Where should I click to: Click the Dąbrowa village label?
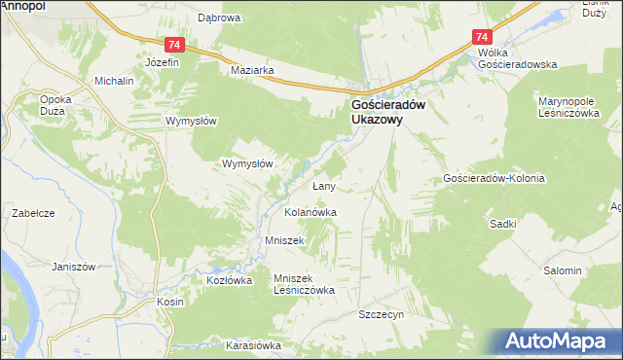point(219,18)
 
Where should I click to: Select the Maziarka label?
point(252,71)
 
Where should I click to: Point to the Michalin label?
point(114,81)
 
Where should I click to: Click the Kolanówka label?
point(311,211)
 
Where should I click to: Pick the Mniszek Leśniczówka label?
point(305,283)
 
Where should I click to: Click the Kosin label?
point(170,303)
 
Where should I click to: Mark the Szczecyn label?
point(381,315)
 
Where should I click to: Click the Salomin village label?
point(562,270)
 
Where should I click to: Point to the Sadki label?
point(503,224)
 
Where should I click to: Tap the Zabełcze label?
point(31,212)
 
